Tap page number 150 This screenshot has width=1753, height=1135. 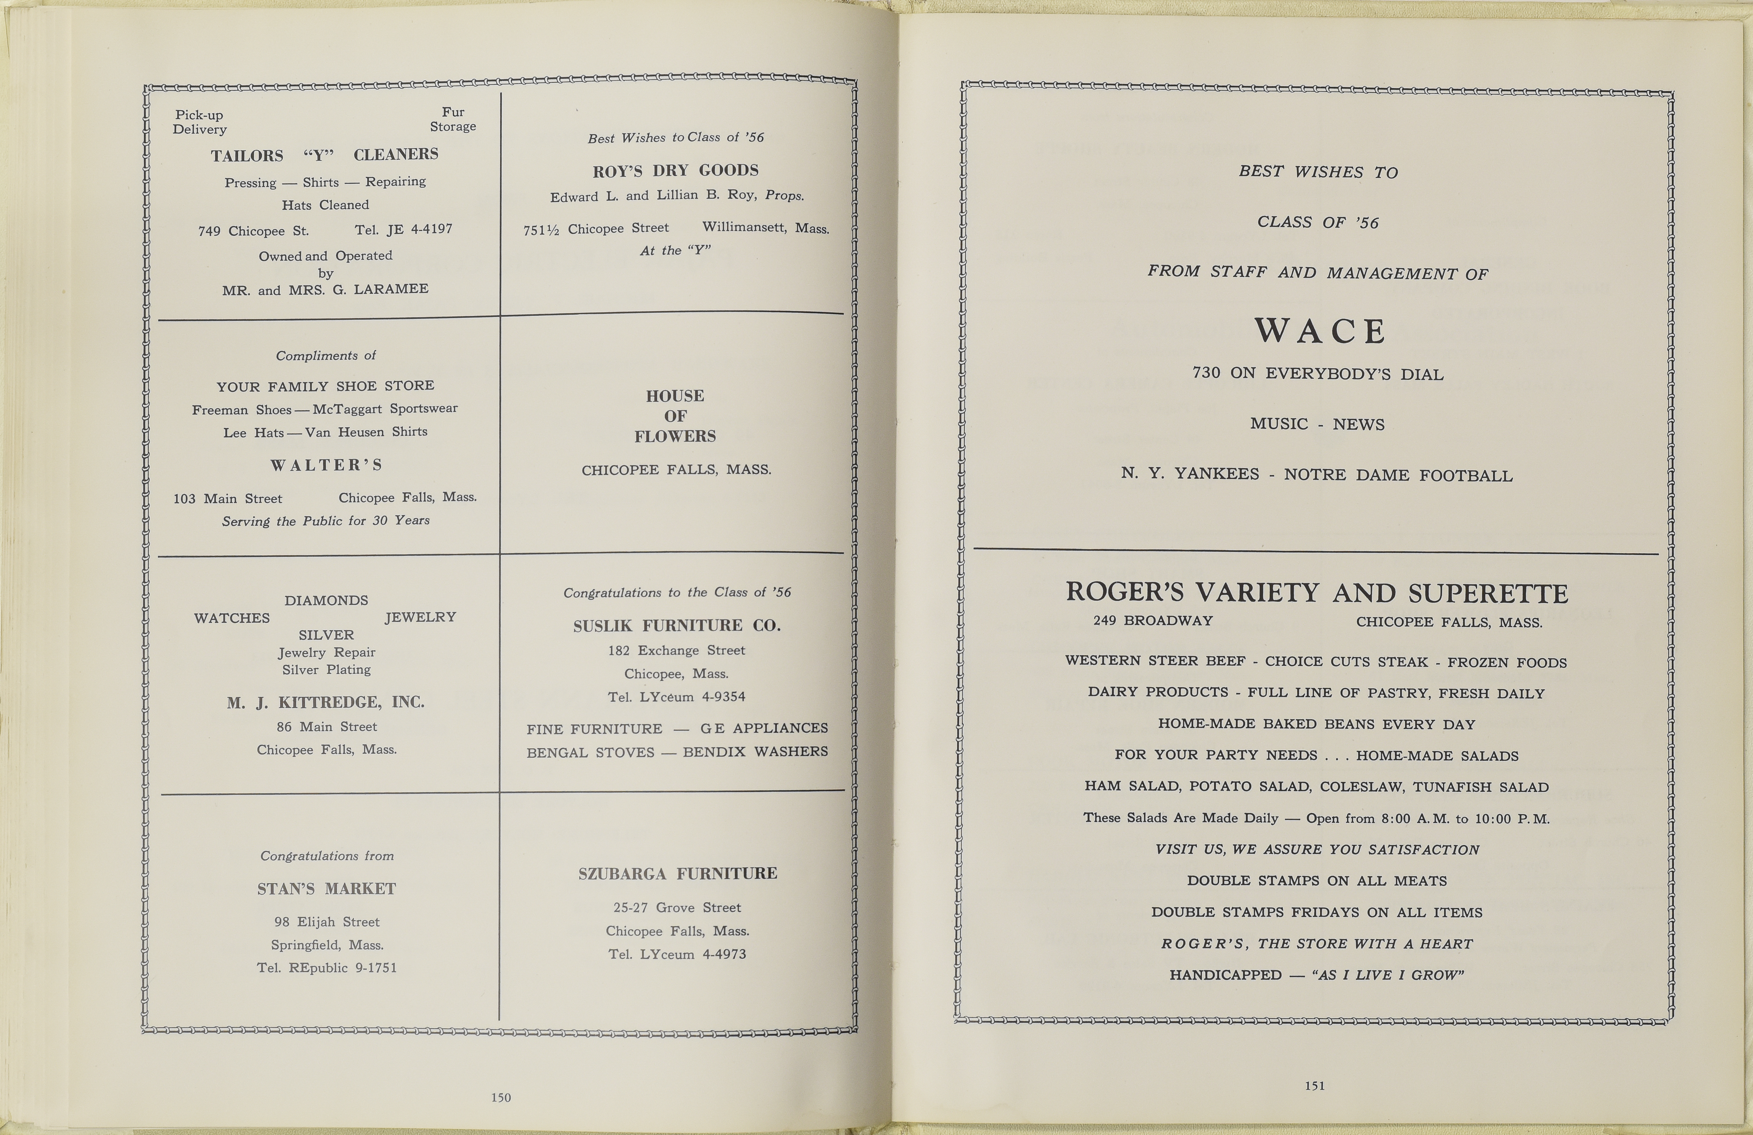[x=501, y=1098]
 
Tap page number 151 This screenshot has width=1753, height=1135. [x=1315, y=1085]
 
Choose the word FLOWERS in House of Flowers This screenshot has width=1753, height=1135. [x=675, y=436]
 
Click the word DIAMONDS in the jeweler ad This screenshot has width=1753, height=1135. [x=326, y=600]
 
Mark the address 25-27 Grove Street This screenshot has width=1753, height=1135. [x=677, y=907]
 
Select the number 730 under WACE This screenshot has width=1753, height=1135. [x=1207, y=373]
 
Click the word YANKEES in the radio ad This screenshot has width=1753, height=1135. [x=1216, y=474]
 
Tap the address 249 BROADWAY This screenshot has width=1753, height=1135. [x=1153, y=621]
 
